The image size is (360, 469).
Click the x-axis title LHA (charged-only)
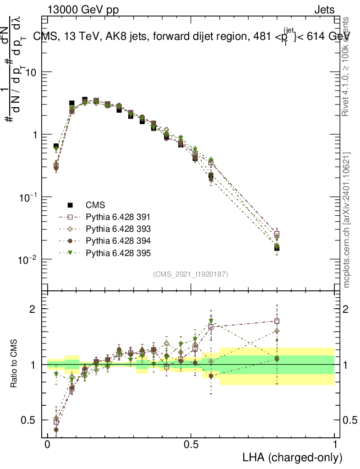coord(293,457)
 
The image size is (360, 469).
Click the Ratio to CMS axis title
coord(14,365)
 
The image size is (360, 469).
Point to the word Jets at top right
coord(324,10)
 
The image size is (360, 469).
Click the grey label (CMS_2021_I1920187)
coord(191,274)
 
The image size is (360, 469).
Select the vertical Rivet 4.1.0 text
coord(347,66)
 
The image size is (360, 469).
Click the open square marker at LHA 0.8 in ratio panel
coord(277,321)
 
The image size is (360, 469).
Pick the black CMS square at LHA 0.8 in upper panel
coord(277,248)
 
